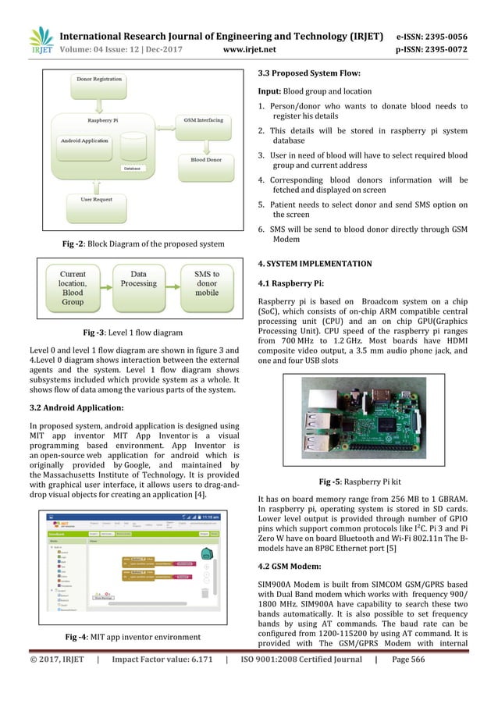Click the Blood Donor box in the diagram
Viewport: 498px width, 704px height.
coord(203,160)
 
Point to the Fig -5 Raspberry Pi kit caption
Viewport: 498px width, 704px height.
coord(362,482)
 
